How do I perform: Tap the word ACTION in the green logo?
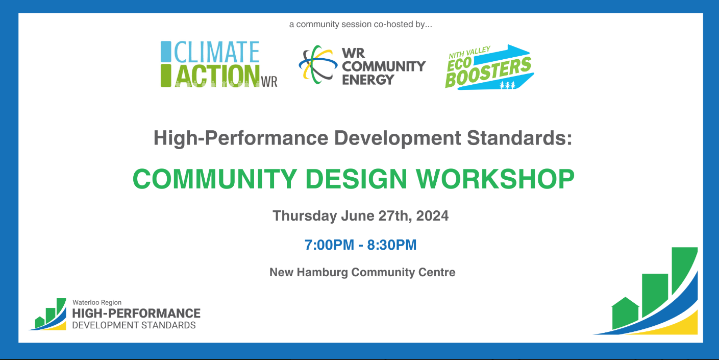(217, 76)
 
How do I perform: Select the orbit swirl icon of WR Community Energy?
(318, 64)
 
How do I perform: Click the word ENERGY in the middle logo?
(368, 80)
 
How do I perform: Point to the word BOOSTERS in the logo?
(488, 73)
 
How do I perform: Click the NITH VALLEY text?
(469, 53)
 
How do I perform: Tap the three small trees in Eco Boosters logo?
(507, 85)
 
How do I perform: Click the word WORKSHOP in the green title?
(495, 179)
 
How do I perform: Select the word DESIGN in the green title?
(356, 179)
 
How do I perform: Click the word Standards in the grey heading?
(519, 138)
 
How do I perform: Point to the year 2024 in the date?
(432, 216)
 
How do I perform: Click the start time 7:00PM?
(329, 245)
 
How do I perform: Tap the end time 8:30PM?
(391, 245)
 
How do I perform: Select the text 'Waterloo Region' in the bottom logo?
(97, 302)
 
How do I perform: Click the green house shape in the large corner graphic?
(625, 313)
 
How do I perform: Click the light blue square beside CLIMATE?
(166, 52)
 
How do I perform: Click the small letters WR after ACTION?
(269, 82)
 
